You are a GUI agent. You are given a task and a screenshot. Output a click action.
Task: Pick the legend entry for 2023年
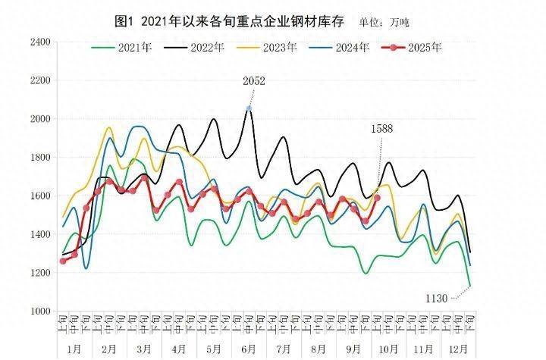coord(266,48)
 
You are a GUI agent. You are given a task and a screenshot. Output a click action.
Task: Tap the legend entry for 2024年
coord(338,48)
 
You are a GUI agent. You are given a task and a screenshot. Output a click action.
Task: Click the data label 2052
coord(253,81)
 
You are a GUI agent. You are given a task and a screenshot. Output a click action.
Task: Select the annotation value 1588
coord(381,129)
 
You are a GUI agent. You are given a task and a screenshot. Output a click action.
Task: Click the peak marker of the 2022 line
coord(249,109)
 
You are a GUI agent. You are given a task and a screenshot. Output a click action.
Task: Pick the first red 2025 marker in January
coord(63,261)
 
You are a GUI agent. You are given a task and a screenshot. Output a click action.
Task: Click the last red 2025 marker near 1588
coord(377,199)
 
